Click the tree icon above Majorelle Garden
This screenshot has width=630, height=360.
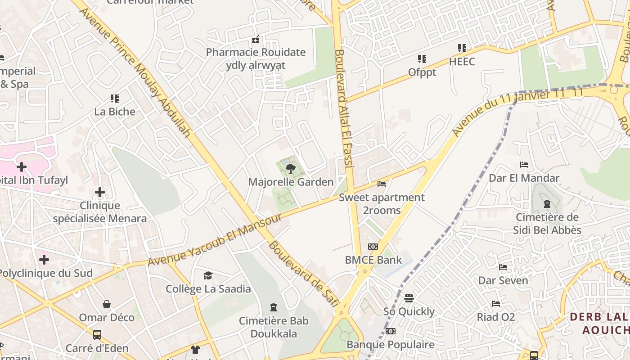(x=290, y=169)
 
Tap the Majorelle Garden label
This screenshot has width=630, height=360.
(x=291, y=182)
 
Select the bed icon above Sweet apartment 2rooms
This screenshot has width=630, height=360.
(x=382, y=184)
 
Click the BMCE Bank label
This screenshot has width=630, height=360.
(x=373, y=260)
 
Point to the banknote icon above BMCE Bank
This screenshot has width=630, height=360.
(x=373, y=247)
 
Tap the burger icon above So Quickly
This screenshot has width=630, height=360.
(x=409, y=298)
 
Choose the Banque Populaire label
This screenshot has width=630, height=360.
(x=391, y=345)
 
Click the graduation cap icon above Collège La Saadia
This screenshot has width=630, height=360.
(x=208, y=275)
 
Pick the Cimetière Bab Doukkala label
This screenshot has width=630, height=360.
(x=274, y=327)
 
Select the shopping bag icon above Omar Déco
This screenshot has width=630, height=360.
(x=107, y=304)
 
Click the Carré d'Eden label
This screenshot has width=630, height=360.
(x=97, y=348)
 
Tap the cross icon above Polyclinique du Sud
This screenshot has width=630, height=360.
(x=44, y=260)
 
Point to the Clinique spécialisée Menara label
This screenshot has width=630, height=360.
(x=100, y=212)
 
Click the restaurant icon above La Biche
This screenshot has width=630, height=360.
(x=115, y=98)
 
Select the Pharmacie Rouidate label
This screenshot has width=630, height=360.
(x=256, y=52)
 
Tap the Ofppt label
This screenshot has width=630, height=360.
(x=422, y=72)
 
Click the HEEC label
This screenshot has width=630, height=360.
(x=462, y=61)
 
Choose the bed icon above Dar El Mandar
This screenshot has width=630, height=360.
(x=524, y=165)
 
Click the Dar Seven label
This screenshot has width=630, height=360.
(x=503, y=280)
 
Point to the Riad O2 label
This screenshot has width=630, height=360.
(x=496, y=317)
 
